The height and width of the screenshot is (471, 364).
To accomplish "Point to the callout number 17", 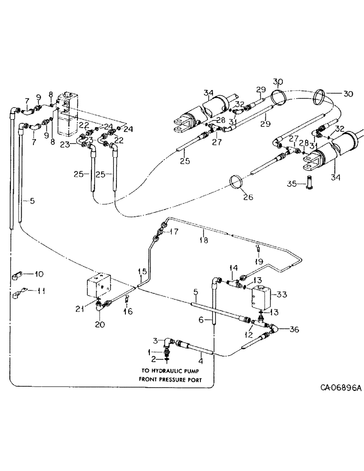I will tap(174, 231).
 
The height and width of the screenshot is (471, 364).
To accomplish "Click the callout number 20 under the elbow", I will tap(99, 325).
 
